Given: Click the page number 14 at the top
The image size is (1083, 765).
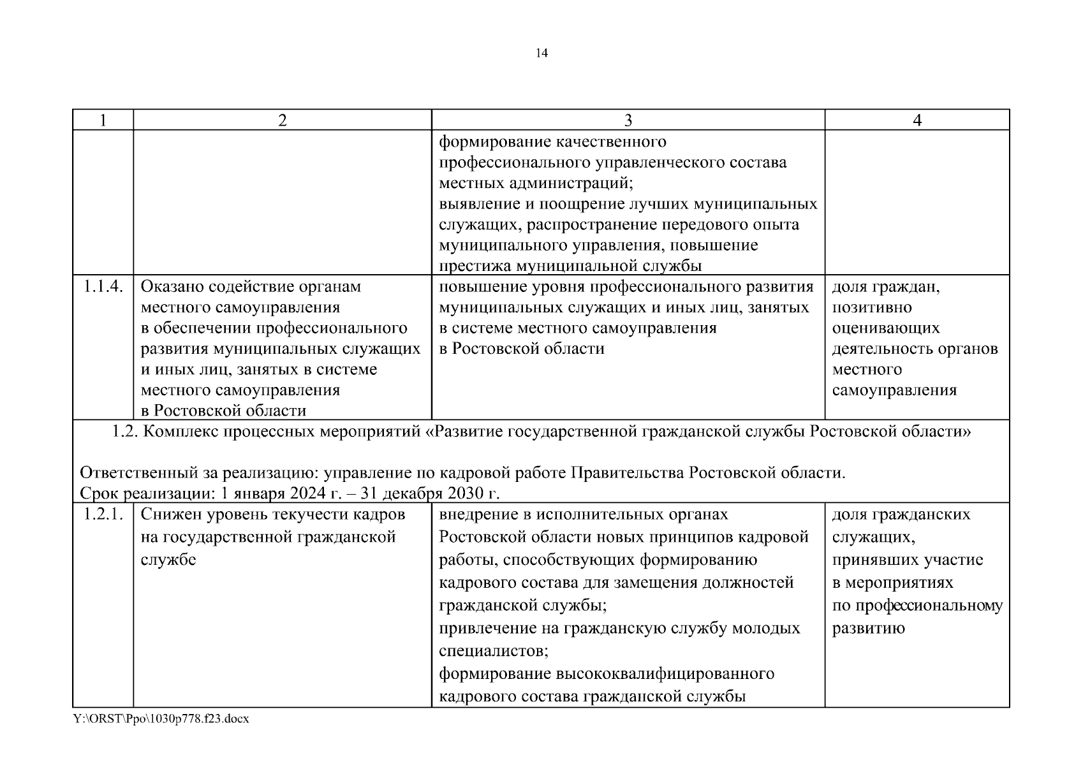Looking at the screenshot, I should tap(541, 54).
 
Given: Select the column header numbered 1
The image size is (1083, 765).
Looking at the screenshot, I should tap(103, 120).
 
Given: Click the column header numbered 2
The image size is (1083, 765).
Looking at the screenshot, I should tap(283, 120).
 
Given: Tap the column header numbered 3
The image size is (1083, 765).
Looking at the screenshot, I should tap(628, 120).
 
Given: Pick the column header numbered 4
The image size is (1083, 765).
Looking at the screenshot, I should tap(917, 120).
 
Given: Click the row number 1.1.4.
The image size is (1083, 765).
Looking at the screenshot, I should tap(103, 287).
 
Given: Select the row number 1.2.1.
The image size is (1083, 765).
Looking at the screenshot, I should tap(103, 514).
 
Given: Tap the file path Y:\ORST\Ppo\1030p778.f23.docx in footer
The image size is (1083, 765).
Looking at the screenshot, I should tap(161, 718).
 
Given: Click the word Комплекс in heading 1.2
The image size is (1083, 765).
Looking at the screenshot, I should tap(181, 432).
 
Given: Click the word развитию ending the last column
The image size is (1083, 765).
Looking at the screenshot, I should tap(868, 629).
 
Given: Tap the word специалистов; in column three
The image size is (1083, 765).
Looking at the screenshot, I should tap(494, 652).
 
